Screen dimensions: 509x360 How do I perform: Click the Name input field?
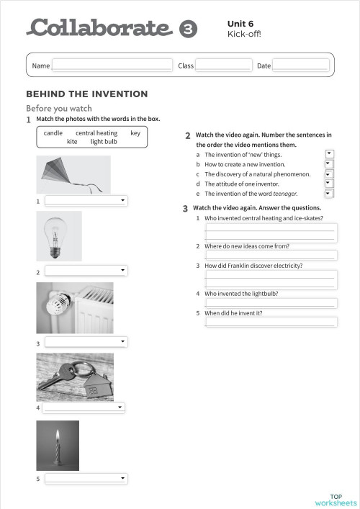(112, 66)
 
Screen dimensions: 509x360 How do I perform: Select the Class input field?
(224, 66)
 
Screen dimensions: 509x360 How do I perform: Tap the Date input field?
(300, 66)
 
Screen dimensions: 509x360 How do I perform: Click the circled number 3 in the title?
(187, 29)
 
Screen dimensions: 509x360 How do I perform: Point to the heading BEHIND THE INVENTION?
(87, 94)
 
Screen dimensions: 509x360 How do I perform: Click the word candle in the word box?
(53, 133)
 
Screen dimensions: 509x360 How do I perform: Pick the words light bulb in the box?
(104, 142)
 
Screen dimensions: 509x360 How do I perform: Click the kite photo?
(73, 175)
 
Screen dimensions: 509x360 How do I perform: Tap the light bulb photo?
(59, 236)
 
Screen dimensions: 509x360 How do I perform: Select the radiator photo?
(75, 307)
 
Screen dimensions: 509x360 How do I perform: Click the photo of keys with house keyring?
(75, 377)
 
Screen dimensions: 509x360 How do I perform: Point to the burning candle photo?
(58, 446)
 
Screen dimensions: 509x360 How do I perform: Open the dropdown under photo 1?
(86, 201)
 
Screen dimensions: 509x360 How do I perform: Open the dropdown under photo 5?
(86, 478)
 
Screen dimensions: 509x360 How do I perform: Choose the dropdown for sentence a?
(329, 154)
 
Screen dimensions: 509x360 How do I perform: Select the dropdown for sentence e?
(329, 194)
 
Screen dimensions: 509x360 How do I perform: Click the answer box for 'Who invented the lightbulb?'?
(271, 303)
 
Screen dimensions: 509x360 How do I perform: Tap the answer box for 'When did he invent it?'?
(271, 322)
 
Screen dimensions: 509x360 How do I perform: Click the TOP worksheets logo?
(336, 500)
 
